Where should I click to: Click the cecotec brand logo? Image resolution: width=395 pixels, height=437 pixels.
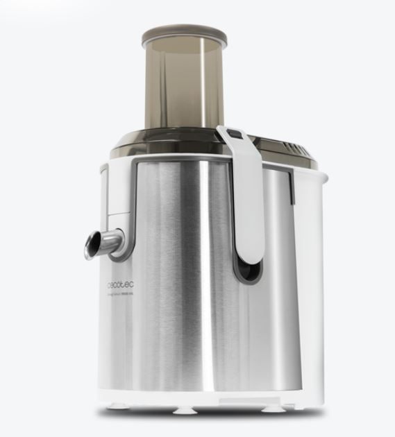point(121,284)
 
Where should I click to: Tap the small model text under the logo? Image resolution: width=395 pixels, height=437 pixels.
point(123,294)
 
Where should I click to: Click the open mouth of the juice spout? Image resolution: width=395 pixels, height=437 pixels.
point(92,246)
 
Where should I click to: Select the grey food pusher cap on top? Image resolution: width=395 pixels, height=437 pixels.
point(184,35)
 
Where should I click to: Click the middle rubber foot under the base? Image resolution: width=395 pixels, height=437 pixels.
point(185,410)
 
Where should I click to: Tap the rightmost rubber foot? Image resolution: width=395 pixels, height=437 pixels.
point(274,409)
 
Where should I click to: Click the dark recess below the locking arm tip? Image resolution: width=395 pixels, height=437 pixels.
point(246,271)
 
